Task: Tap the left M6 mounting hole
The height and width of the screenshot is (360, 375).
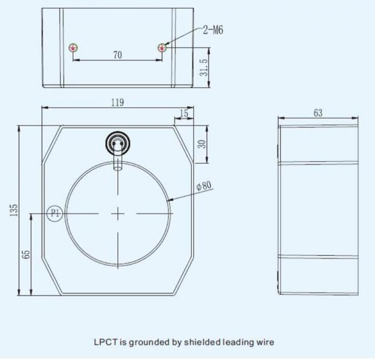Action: pos(73,48)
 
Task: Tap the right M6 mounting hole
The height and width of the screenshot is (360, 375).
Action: pos(162,48)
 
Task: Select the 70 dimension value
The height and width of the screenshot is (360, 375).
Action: pos(117,55)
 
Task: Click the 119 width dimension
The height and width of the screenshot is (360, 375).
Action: pos(117,103)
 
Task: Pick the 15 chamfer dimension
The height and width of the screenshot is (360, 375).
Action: pos(184,113)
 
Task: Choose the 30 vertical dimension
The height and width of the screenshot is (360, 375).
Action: pos(202,144)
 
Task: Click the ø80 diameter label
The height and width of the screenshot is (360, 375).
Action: pos(204,186)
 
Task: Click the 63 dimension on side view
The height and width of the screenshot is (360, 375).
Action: pos(318,113)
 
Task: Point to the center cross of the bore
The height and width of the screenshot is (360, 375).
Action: pos(118,213)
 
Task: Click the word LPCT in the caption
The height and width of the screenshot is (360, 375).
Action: pos(103,342)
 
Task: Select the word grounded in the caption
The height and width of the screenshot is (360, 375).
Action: pos(147,342)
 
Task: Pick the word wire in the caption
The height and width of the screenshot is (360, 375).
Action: pos(264,342)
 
